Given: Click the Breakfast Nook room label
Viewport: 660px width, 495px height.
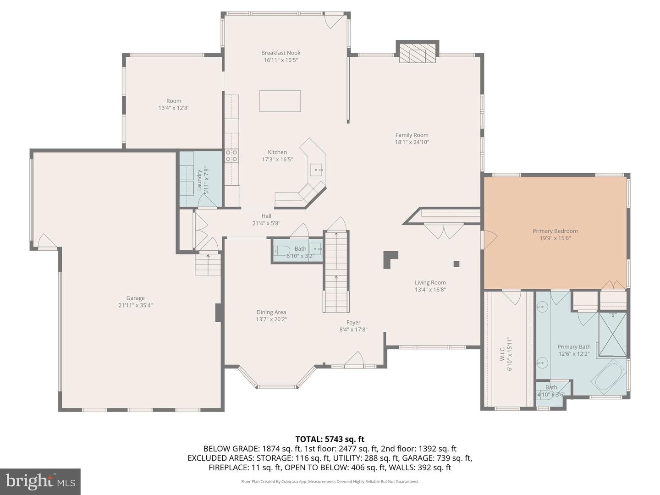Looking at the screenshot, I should click(x=281, y=53).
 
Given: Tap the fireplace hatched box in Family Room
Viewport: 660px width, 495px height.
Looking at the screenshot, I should click(x=417, y=54).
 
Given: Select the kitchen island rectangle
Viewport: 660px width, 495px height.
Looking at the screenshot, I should click(x=280, y=101).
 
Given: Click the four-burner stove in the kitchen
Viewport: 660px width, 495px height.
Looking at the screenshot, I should click(x=231, y=156).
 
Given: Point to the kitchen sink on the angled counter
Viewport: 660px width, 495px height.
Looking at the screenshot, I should click(x=316, y=170).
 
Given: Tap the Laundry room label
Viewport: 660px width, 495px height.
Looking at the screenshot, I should click(x=200, y=180).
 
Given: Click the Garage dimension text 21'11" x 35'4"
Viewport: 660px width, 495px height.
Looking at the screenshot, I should click(x=136, y=305).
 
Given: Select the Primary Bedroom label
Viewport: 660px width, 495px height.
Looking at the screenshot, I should click(x=555, y=231).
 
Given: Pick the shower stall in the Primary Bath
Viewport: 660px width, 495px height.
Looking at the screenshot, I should click(x=612, y=334).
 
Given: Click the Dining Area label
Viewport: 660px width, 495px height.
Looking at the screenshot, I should click(x=271, y=312).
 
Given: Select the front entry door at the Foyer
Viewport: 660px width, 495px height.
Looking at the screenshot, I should click(x=354, y=360).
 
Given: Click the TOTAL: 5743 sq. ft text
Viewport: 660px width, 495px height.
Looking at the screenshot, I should click(x=330, y=439).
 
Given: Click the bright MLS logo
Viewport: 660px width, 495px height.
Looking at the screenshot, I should click(x=40, y=481).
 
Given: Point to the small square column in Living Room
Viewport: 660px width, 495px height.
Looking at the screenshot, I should click(x=456, y=264).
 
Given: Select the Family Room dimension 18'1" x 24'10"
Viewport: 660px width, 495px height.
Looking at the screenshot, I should click(x=412, y=142).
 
